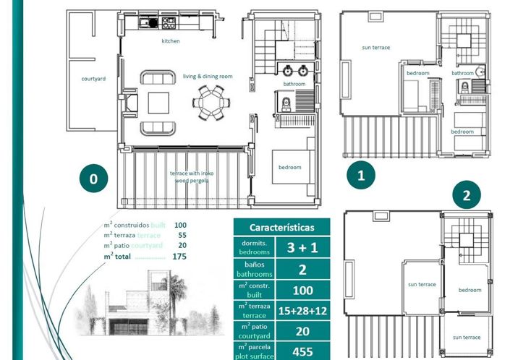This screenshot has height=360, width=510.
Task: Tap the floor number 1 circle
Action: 361,173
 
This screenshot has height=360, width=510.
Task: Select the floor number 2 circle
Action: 467,195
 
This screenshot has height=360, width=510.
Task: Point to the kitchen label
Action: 171,41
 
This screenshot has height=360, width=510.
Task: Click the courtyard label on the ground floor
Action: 93,78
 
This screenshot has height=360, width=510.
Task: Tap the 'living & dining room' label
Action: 207,76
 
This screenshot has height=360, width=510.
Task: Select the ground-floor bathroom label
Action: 294,84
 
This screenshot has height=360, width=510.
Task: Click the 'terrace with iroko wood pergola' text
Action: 190,177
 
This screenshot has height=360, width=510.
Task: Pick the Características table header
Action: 282,226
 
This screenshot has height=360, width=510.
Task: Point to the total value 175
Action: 179,256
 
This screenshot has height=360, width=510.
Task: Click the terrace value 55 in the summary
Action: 181,236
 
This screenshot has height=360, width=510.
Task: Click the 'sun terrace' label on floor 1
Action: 375,48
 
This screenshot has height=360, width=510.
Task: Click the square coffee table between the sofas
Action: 158,103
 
